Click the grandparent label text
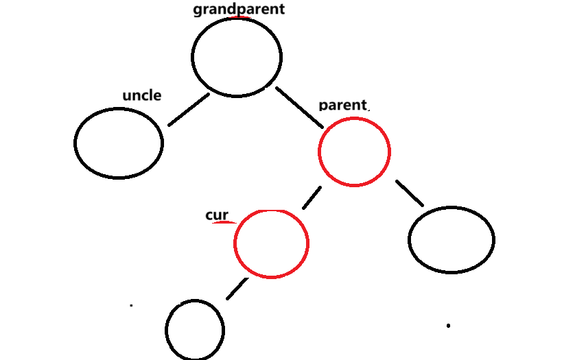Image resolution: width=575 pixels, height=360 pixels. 238,10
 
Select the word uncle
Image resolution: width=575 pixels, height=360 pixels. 141,95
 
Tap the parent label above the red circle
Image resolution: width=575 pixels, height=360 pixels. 343,105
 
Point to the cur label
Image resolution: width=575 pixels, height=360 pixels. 216,215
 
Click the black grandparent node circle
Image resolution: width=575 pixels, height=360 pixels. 237,57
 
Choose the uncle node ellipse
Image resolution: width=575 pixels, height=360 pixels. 119,143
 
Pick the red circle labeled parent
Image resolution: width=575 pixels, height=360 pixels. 354,151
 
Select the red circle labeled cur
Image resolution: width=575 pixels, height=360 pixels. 271,243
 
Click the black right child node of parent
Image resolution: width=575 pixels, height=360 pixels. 451,239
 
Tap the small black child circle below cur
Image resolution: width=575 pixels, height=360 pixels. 195,330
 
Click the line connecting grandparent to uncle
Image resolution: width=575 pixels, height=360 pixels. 189,110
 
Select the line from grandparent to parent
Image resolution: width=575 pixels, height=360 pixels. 299,107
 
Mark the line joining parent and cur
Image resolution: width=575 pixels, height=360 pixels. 312,197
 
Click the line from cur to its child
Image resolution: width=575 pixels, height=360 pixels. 237,288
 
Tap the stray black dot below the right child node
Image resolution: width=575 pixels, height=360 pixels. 448,325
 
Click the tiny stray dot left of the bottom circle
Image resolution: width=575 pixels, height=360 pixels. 131,304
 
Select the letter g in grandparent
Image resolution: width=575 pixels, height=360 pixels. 198,10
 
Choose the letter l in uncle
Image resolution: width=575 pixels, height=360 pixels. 153,95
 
